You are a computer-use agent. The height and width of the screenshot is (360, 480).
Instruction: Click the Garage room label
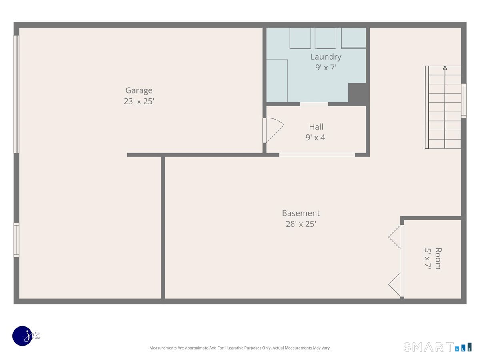[x=139, y=90]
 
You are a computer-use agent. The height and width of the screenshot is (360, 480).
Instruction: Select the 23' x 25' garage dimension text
[x=139, y=102]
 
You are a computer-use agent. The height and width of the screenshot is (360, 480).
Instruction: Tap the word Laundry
[x=326, y=57]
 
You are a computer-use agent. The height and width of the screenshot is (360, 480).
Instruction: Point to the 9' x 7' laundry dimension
[x=326, y=68]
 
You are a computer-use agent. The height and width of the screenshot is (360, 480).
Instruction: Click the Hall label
[x=316, y=126]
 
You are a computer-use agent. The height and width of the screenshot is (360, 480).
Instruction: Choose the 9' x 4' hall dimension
[x=316, y=138]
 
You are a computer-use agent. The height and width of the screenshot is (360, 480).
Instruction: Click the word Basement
[x=301, y=213]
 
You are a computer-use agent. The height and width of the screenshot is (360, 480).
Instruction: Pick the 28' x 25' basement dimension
[x=301, y=224]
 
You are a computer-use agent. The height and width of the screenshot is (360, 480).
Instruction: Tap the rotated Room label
[x=438, y=258]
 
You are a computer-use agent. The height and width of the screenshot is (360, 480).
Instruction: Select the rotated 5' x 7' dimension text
[x=428, y=258]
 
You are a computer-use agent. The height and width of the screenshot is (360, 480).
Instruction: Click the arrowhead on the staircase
[x=445, y=68]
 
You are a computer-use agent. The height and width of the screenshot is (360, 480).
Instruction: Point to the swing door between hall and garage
[x=273, y=130]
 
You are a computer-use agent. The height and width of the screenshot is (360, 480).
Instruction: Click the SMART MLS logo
[x=437, y=347]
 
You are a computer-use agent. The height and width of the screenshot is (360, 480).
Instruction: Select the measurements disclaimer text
[x=240, y=348]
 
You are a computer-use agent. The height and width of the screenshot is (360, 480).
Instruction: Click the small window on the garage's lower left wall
[x=16, y=240]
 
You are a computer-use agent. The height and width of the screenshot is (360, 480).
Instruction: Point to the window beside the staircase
[x=464, y=100]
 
